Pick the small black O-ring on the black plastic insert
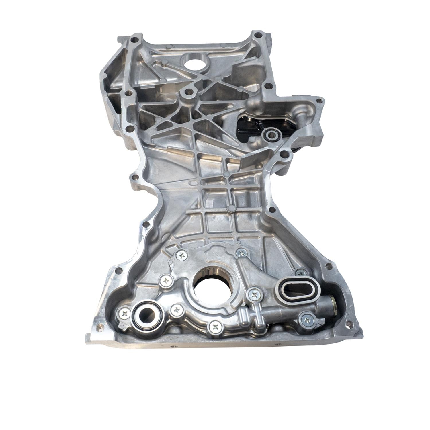point(270,134)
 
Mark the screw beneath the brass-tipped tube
point(307,320)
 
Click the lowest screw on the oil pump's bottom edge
point(215,326)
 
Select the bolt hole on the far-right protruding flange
point(318,101)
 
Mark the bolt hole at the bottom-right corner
point(349,325)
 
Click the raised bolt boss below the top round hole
point(187,92)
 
